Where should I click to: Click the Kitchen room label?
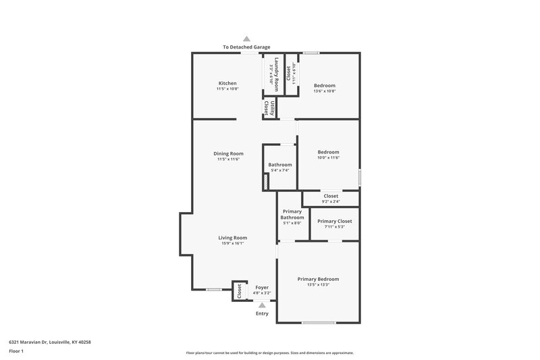click(x=227, y=83)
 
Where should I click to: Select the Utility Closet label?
click(x=268, y=108)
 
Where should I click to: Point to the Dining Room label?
click(x=228, y=153)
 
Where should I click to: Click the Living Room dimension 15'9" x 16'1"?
click(x=232, y=243)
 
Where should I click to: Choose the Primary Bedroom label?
click(x=318, y=279)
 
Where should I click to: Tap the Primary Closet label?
click(x=334, y=221)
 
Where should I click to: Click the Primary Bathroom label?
click(x=292, y=214)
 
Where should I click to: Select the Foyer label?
click(x=262, y=288)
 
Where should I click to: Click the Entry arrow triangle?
click(x=262, y=305)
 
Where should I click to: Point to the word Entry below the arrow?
click(x=262, y=313)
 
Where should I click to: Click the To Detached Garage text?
click(x=246, y=47)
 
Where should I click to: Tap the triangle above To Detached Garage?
click(x=246, y=39)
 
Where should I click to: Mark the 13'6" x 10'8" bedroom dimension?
click(x=324, y=91)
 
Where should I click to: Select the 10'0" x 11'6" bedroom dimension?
click(x=328, y=157)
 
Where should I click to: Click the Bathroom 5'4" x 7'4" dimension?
click(x=279, y=170)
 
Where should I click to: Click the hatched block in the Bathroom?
click(x=266, y=182)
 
